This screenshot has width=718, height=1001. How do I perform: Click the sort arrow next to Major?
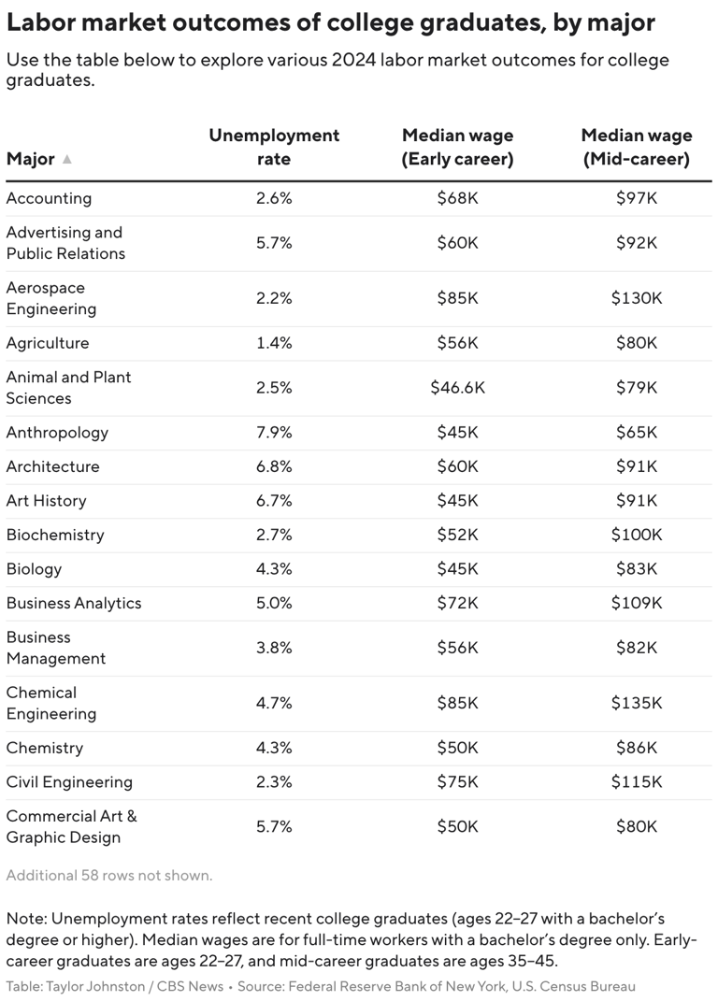(66, 159)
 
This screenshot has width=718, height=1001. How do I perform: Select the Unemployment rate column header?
(274, 147)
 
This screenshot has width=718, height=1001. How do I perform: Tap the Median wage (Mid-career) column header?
(636, 147)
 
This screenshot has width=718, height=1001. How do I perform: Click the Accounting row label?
(49, 198)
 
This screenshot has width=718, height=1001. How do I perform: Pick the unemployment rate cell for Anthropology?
(274, 433)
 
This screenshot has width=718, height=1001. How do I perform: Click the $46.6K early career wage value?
(457, 387)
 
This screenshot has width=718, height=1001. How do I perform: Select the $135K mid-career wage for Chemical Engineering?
(636, 703)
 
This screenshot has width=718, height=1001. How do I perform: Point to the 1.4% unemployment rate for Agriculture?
(274, 343)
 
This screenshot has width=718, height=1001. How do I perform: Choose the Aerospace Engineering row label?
(50, 298)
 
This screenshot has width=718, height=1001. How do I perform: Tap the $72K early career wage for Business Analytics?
(457, 603)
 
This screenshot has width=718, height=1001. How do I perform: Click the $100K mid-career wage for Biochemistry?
(636, 535)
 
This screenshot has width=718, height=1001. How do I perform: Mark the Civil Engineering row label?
(69, 782)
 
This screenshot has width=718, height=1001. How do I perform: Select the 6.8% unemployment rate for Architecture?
(274, 466)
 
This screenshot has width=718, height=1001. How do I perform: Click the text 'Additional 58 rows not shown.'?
(109, 876)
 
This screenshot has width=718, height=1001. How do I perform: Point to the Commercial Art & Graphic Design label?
(71, 826)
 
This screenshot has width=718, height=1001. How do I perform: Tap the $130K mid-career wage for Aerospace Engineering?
(636, 298)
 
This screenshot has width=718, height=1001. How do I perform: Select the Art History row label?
(46, 501)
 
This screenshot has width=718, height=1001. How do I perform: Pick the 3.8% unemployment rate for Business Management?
(274, 648)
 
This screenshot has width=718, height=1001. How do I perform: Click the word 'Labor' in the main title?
(38, 22)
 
